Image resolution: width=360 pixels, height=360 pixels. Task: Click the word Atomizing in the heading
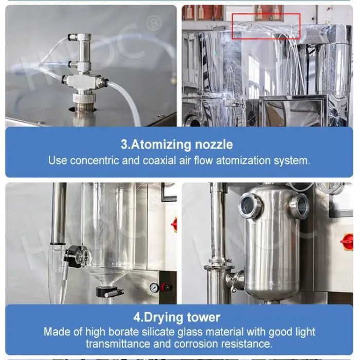coord(161,145)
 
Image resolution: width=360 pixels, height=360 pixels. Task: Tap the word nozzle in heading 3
coord(214,145)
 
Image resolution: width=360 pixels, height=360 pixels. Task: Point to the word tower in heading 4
coord(204,317)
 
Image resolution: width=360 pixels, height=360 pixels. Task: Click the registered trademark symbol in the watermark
coord(154,23)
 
